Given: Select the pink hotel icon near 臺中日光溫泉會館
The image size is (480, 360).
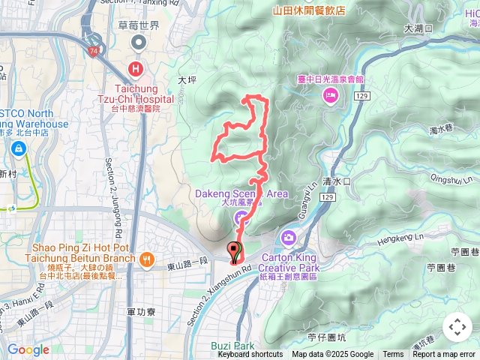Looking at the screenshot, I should tap(329, 95).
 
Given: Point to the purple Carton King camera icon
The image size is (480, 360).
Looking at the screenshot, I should tap(289, 238).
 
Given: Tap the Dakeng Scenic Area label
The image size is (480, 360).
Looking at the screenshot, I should tap(241, 193).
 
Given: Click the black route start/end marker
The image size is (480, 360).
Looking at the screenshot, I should tap(235, 252).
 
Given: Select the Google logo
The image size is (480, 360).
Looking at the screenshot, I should tap(28, 349).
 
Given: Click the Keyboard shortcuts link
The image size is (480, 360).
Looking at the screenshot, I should tap(250, 355).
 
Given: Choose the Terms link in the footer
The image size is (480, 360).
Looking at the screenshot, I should tap(393, 355).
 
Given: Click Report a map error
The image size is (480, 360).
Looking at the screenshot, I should tap(445, 355).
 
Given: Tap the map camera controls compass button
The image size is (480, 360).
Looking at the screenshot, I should tap(457, 327).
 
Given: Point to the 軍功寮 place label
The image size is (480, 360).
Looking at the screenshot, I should tap(142, 311).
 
